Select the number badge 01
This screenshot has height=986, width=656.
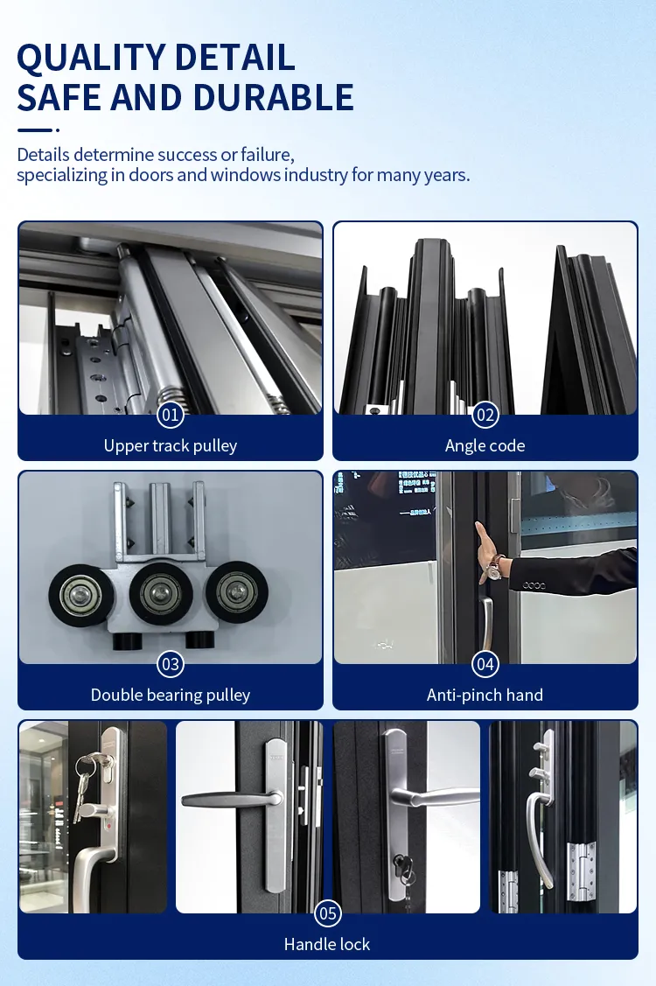(171, 415)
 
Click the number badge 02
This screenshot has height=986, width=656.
(485, 415)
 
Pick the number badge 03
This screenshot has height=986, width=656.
(171, 664)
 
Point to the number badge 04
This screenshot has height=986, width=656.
(485, 664)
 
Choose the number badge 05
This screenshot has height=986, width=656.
(327, 914)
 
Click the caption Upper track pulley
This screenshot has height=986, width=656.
(171, 445)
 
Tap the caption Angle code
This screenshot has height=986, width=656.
(485, 445)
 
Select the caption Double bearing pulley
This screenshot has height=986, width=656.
(171, 695)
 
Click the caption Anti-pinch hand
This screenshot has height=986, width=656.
(485, 695)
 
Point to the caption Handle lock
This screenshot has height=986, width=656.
(327, 944)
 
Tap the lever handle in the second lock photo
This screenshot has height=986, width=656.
(225, 799)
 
